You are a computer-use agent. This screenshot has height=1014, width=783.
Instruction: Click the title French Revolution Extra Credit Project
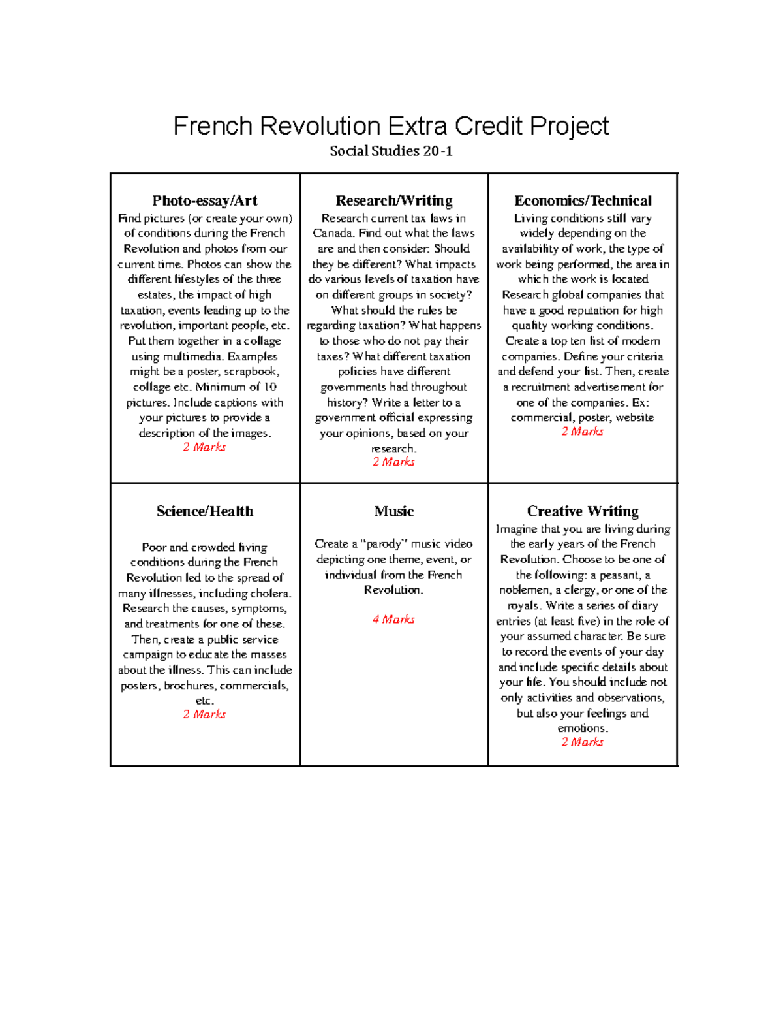pyautogui.click(x=391, y=126)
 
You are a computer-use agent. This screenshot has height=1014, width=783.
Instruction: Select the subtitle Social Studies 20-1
pyautogui.click(x=391, y=151)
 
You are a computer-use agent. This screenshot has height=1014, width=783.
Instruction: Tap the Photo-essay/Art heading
pyautogui.click(x=205, y=200)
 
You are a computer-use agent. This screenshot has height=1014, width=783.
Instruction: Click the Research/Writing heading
pyautogui.click(x=393, y=200)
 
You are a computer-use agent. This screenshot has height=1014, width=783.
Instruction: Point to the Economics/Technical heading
pyautogui.click(x=583, y=200)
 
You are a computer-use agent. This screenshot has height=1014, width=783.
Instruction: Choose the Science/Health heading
pyautogui.click(x=205, y=511)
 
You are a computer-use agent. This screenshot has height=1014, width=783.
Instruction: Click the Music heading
pyautogui.click(x=393, y=511)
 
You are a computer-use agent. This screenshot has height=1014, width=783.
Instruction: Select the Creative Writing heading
pyautogui.click(x=583, y=511)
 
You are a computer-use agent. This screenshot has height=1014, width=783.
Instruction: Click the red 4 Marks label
pyautogui.click(x=393, y=619)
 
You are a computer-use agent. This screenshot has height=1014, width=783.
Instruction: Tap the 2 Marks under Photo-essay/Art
pyautogui.click(x=204, y=447)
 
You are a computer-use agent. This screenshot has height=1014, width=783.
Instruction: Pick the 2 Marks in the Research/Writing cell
pyautogui.click(x=393, y=462)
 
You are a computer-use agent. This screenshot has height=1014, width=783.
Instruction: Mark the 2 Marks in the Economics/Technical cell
pyautogui.click(x=582, y=432)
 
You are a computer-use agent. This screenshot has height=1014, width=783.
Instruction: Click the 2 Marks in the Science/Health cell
pyautogui.click(x=204, y=714)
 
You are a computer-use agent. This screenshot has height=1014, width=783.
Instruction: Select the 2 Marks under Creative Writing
pyautogui.click(x=582, y=742)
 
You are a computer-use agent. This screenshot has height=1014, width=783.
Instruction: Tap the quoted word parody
pyautogui.click(x=384, y=544)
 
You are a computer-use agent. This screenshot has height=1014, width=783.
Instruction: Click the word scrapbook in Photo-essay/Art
pyautogui.click(x=251, y=372)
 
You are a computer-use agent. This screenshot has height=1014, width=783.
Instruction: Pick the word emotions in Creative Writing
pyautogui.click(x=582, y=728)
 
